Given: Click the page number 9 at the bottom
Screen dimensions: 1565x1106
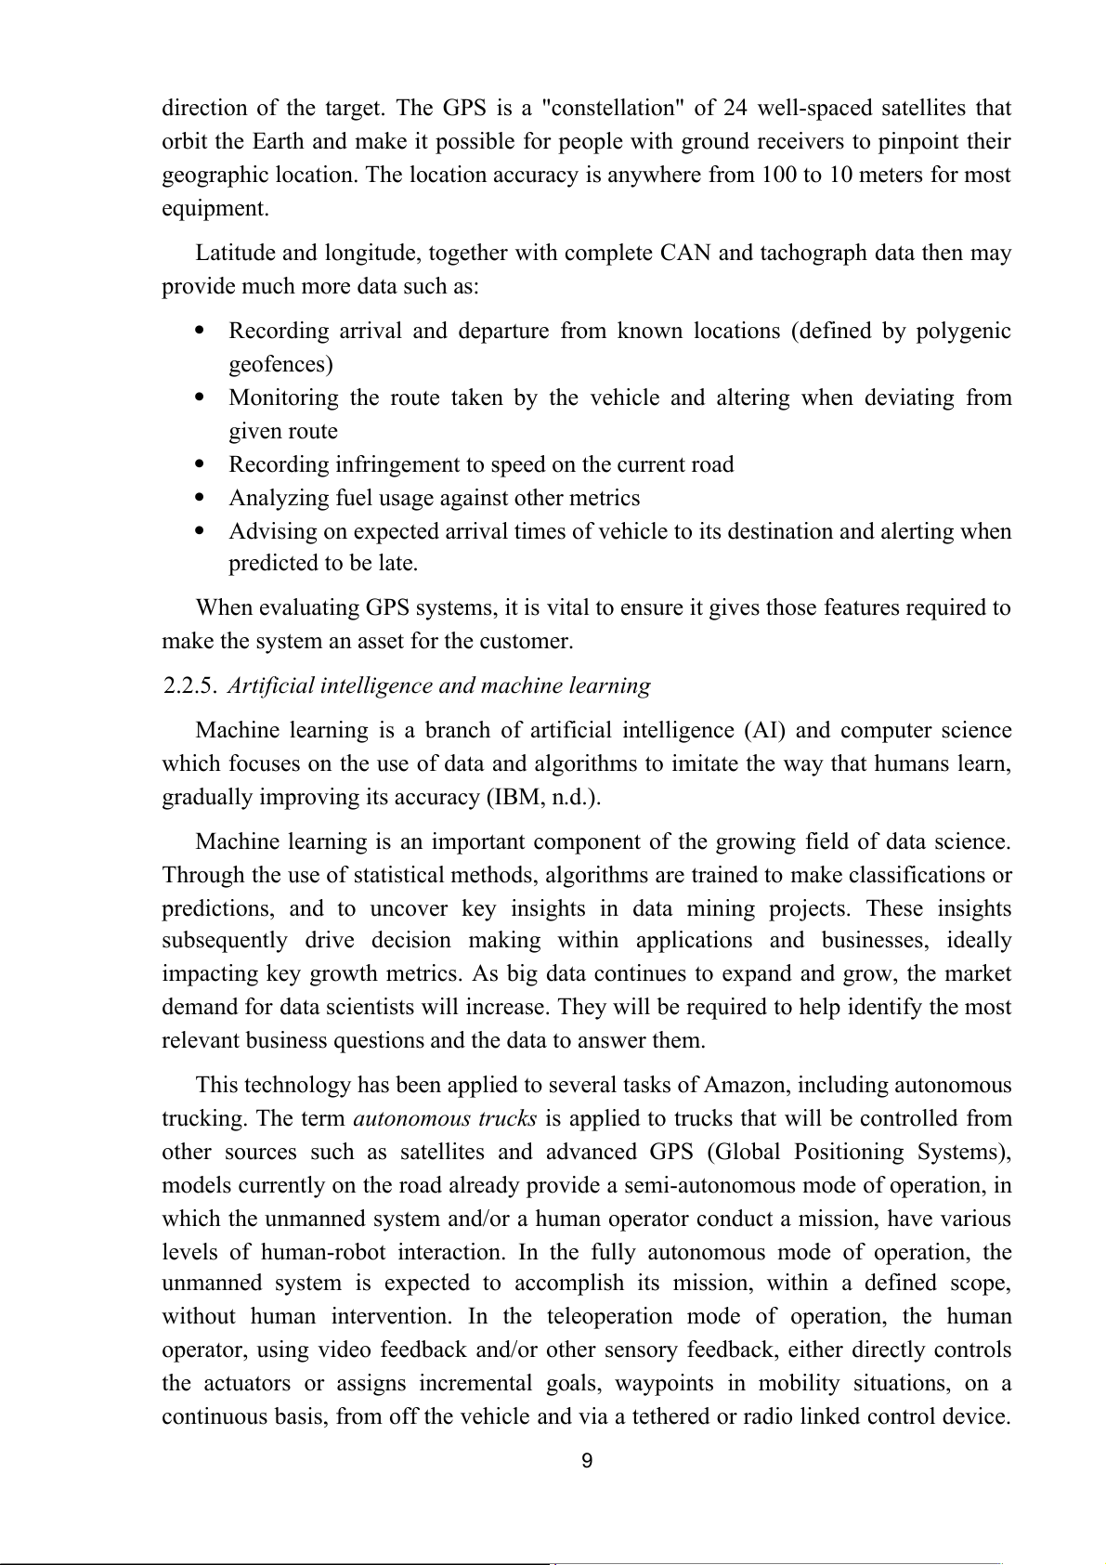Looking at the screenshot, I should tap(586, 1461).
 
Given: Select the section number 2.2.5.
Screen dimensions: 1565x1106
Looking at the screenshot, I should tap(190, 686).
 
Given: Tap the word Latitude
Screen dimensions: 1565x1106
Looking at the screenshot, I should tap(236, 253).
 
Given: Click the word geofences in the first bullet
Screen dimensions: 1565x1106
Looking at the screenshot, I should tap(280, 363).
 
